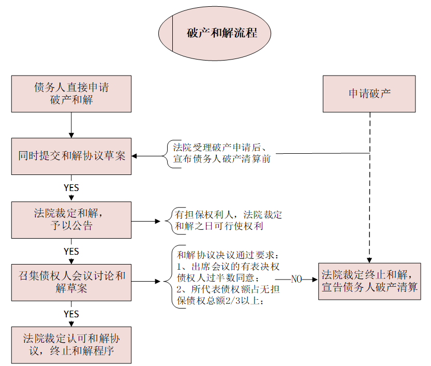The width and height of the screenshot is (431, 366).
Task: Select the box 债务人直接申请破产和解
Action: [71, 94]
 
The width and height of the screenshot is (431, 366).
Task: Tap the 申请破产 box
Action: [369, 94]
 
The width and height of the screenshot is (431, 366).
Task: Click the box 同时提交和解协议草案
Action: [71, 156]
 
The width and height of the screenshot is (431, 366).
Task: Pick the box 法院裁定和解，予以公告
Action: [71, 219]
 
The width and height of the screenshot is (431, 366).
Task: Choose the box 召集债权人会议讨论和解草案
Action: [71, 282]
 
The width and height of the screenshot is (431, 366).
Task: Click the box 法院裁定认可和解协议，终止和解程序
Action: [71, 345]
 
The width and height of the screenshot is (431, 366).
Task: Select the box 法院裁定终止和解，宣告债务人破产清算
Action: [369, 281]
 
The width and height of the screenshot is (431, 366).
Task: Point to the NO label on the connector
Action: [296, 279]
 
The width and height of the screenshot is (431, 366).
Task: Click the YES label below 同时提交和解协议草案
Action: [71, 187]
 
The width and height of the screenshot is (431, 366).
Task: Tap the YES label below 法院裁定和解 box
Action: [71, 251]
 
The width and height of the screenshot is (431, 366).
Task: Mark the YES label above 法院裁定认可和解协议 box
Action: [71, 314]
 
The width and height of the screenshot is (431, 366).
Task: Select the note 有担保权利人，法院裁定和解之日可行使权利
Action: [228, 220]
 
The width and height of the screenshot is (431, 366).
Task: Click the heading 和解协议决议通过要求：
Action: [228, 255]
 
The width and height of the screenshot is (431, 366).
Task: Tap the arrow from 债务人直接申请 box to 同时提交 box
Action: [71, 125]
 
